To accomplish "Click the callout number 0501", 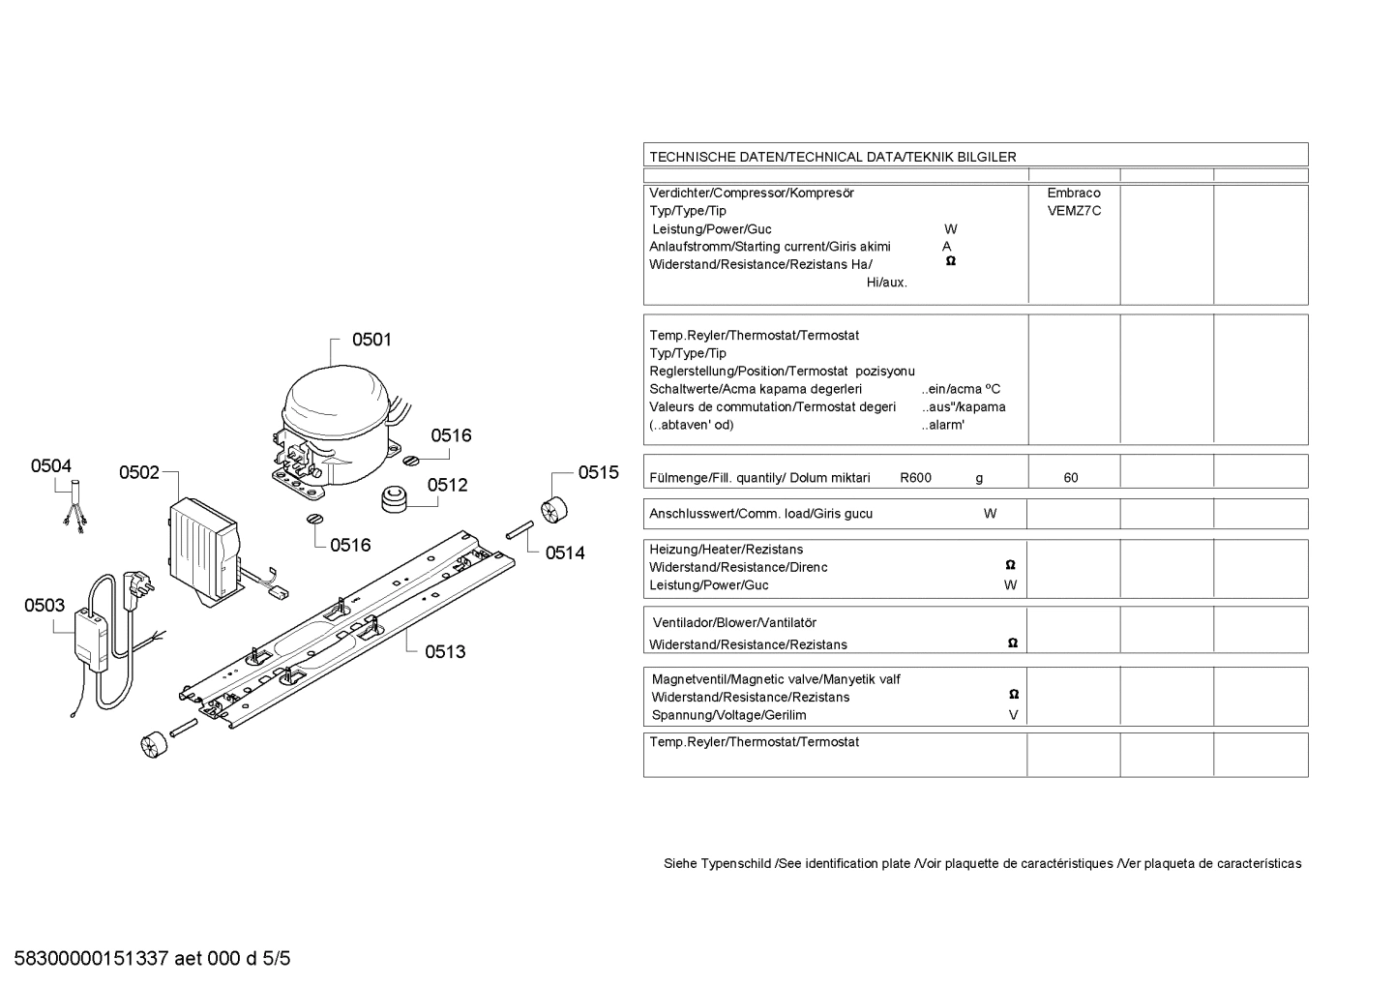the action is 371,340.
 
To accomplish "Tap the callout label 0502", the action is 139,473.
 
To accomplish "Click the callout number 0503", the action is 45,606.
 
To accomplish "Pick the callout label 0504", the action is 51,465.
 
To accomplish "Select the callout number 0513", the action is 445,652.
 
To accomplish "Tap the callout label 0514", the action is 565,553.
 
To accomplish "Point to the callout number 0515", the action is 599,473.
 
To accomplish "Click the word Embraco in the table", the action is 1074,194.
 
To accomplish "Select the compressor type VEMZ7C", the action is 1074,211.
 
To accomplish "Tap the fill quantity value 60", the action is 1071,478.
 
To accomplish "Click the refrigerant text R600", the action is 915,478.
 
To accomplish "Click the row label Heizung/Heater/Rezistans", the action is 727,550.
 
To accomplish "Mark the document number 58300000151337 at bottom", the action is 91,959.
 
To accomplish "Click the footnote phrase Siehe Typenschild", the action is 717,864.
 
